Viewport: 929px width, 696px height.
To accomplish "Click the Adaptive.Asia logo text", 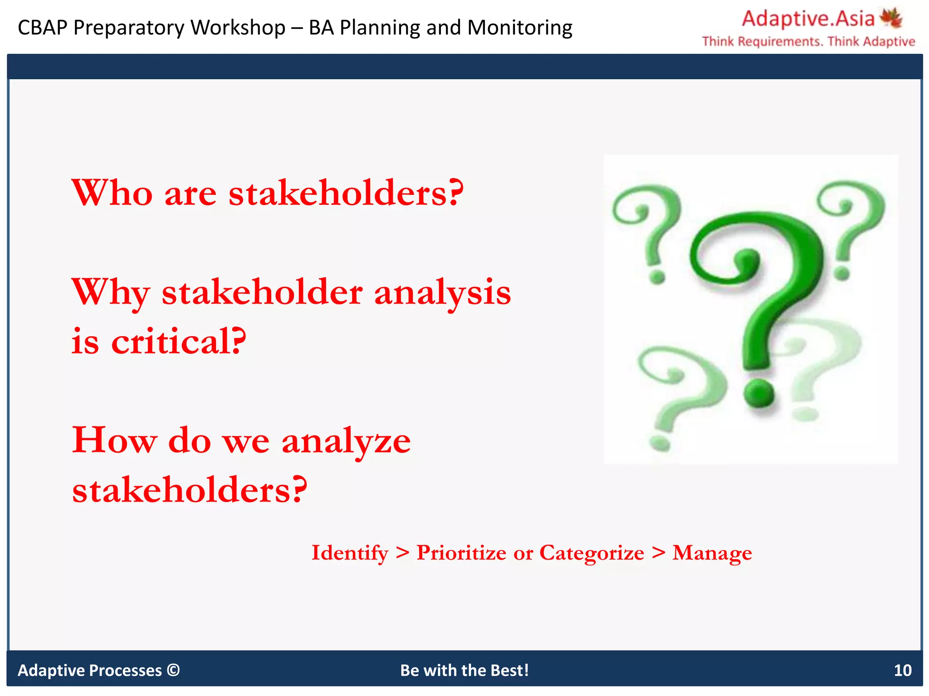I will click(x=808, y=19).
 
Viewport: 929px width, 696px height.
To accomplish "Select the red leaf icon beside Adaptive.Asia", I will click(x=891, y=18).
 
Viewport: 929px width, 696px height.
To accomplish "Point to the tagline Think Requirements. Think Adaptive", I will click(x=808, y=42).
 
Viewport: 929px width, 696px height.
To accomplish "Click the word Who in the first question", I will click(x=112, y=193).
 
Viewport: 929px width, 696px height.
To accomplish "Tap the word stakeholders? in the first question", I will click(x=346, y=193).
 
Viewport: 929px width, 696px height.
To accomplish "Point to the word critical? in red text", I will click(x=179, y=342).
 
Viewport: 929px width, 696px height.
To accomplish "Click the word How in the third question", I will click(x=115, y=440).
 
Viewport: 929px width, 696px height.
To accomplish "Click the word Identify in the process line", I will click(x=350, y=553).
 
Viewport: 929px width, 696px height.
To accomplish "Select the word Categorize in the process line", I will click(x=592, y=553).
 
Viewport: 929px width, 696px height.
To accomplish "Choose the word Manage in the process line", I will click(x=712, y=553).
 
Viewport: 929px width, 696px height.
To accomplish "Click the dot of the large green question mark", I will click(x=759, y=393).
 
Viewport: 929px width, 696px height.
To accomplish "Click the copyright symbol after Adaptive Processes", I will click(x=173, y=670).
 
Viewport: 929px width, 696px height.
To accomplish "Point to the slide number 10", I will click(x=902, y=670).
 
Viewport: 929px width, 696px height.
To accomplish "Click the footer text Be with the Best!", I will click(x=464, y=670).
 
